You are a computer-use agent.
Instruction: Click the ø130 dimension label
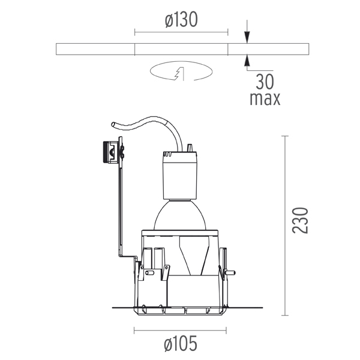pyautogui.click(x=181, y=20)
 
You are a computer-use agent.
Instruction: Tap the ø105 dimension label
pyautogui.click(x=181, y=343)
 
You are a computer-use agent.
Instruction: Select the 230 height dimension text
pyautogui.click(x=300, y=220)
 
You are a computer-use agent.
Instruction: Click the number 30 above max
pyautogui.click(x=265, y=82)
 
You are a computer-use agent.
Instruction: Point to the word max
pyautogui.click(x=265, y=99)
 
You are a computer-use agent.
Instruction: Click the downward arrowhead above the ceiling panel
pyautogui.click(x=247, y=37)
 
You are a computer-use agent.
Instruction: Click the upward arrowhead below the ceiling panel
pyautogui.click(x=247, y=61)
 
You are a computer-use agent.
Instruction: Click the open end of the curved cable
pyautogui.click(x=113, y=124)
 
